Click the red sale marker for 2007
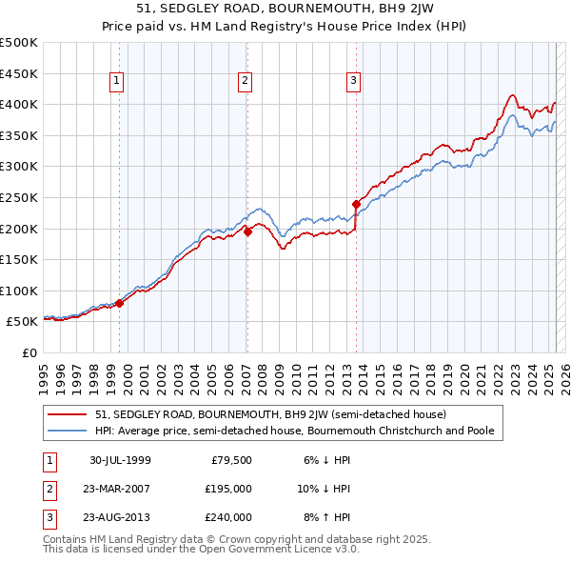click(x=247, y=231)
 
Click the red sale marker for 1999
click(x=120, y=303)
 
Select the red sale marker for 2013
click(x=356, y=203)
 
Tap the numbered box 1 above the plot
click(x=116, y=81)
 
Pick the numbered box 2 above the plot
click(x=245, y=81)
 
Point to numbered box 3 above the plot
click(x=353, y=81)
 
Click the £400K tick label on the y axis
click(x=19, y=104)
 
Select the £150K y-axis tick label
click(x=19, y=259)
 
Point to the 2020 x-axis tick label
click(x=463, y=375)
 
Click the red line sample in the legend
click(x=69, y=414)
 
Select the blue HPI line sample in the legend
click(x=69, y=431)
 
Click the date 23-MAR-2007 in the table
click(x=116, y=489)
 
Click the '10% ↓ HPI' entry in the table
click(x=324, y=489)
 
